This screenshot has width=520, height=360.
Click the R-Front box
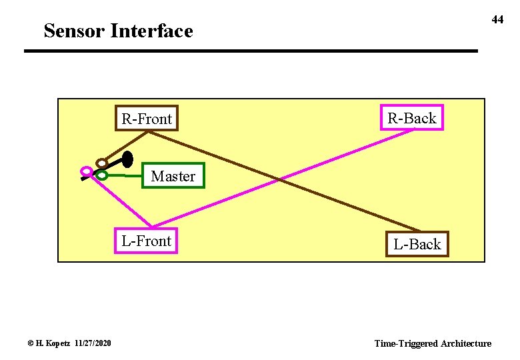147,119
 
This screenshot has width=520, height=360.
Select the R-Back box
411,118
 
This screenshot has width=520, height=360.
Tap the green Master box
173,176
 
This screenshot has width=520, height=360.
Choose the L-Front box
147,241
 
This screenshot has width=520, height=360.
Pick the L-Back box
417,244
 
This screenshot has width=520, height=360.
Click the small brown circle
101,162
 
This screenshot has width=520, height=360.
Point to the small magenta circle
85,171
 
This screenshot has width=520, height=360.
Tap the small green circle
101,175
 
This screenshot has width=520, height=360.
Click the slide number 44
497,20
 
